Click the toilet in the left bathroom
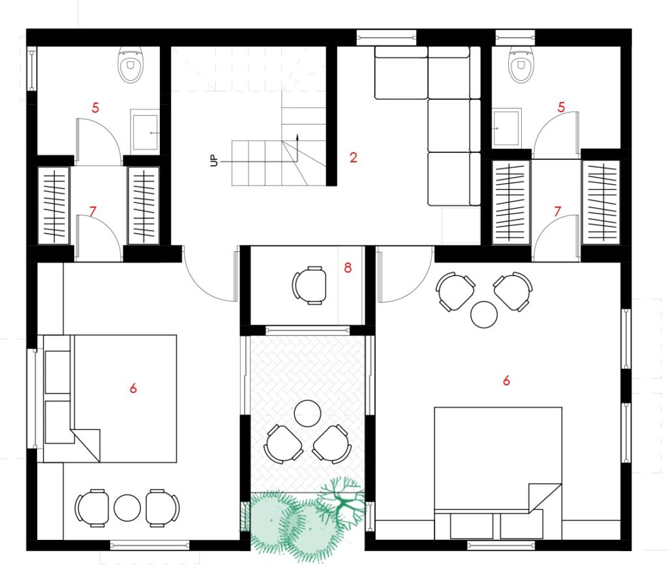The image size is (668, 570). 130,65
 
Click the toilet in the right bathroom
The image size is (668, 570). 521,65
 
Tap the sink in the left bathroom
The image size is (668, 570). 145,130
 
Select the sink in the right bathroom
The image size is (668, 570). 507,127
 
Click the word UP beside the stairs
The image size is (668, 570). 214,161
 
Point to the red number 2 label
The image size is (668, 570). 353,158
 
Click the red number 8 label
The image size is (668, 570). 348,268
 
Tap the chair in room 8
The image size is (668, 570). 309,285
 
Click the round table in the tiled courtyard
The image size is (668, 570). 308,413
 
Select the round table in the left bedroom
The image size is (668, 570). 127,507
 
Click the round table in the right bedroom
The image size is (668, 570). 484,315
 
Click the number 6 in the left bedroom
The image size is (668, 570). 133,388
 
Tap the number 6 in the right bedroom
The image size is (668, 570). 506,380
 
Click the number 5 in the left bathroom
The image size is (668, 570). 95,108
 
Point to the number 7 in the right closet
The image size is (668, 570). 558,211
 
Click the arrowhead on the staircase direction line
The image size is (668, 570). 297,136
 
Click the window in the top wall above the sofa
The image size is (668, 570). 386,37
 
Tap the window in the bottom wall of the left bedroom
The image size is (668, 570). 149,545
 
